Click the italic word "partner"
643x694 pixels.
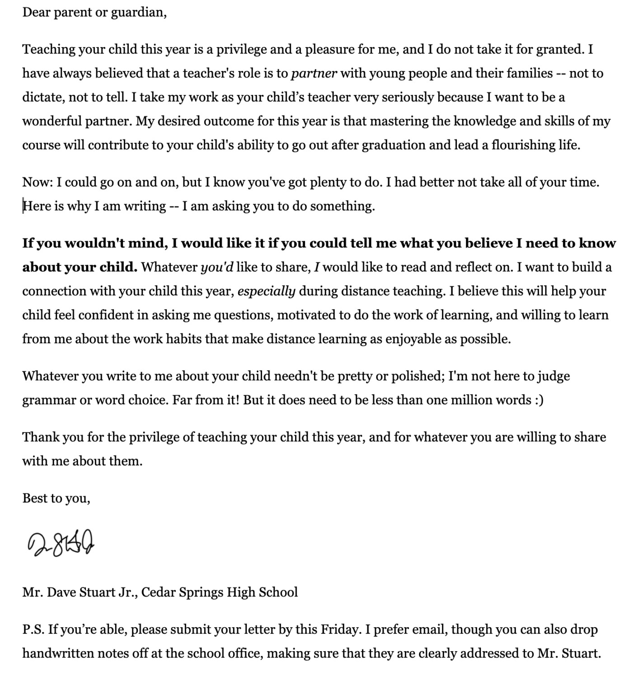314,73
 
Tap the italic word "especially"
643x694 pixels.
266,291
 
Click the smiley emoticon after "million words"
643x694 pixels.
539,400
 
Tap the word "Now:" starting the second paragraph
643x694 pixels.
38,182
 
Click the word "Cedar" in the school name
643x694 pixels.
158,592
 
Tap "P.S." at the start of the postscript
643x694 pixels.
33,629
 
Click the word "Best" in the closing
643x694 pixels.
35,498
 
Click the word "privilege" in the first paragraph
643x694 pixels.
241,49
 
